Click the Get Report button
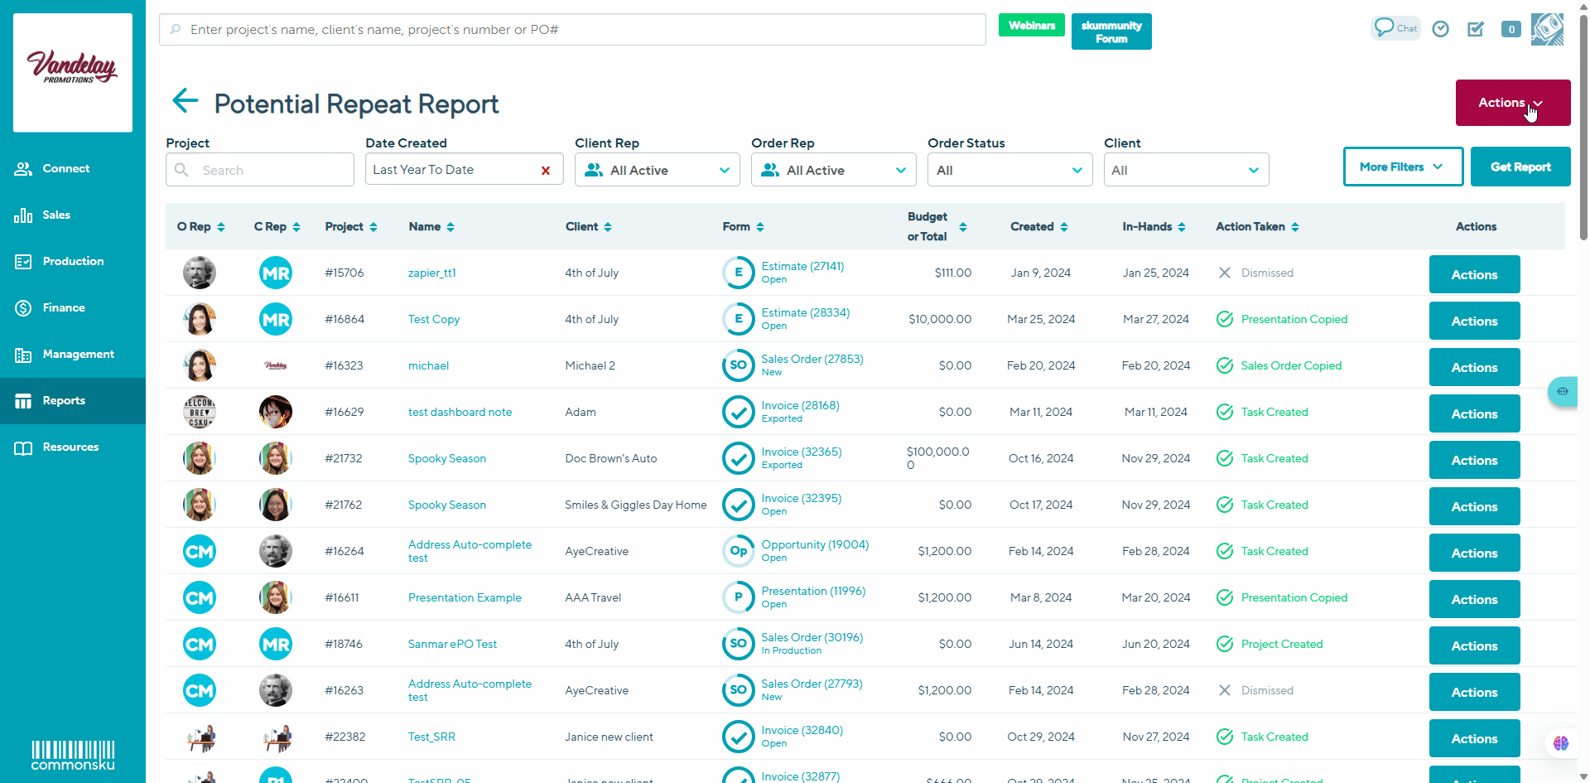tap(1520, 167)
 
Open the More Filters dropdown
tap(1402, 167)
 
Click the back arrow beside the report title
tap(185, 101)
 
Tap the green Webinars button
tap(1031, 26)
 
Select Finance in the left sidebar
tap(64, 307)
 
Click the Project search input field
tap(272, 170)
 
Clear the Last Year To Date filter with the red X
tap(546, 171)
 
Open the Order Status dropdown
tap(1009, 170)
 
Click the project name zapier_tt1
tap(431, 273)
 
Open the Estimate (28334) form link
tap(805, 312)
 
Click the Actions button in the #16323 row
tap(1474, 367)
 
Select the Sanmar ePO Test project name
tap(452, 644)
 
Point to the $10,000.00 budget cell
tap(940, 319)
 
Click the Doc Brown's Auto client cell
tap(610, 458)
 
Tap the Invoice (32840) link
tap(802, 730)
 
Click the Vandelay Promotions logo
tap(73, 72)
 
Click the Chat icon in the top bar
tap(1395, 28)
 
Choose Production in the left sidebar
tap(73, 261)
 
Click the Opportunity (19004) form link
tap(815, 544)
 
